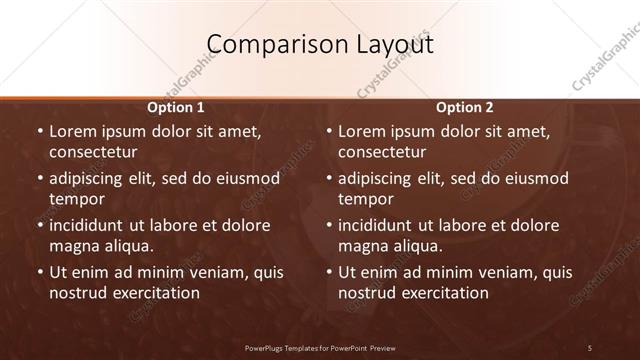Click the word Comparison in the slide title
coord(261,45)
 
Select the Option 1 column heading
coord(176,107)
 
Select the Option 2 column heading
coord(465,107)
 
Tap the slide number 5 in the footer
coord(590,348)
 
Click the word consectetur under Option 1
coord(93,152)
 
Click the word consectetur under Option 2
coord(382,152)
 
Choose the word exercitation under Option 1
coord(157,293)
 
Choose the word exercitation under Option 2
coord(446,293)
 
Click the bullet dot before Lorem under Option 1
coord(40,131)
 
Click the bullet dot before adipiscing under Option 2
coord(329,178)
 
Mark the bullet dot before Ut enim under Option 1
coord(40,272)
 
